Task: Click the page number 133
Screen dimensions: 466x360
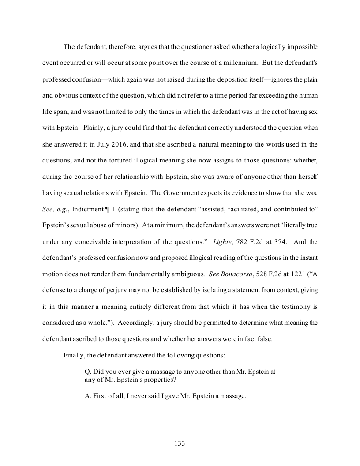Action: (x=180, y=443)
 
